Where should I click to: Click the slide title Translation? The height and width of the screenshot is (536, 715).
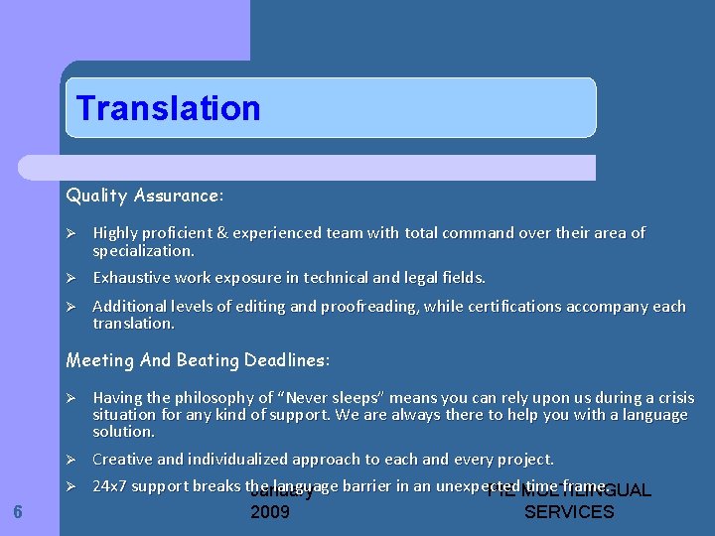point(168,108)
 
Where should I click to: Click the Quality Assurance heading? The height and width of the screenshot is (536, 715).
point(145,196)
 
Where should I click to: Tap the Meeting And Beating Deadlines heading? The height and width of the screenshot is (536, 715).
point(198,359)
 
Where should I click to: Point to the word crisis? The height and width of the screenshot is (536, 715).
point(672,398)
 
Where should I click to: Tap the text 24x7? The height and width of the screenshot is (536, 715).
point(109,486)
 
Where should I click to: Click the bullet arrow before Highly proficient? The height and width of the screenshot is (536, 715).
point(71,233)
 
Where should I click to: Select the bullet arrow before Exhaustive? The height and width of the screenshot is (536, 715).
point(71,278)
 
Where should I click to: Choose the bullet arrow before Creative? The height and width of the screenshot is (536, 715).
point(71,460)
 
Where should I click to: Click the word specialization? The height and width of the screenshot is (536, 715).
point(143,251)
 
